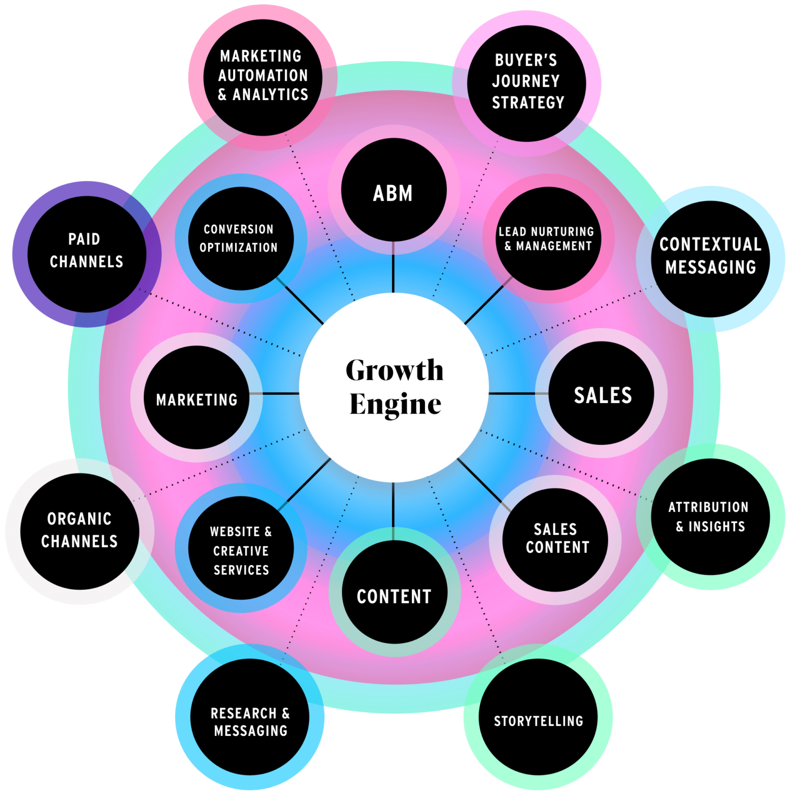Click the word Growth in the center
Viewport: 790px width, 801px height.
tap(394, 370)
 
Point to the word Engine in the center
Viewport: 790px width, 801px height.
tap(395, 404)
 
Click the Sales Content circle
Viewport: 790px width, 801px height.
tap(555, 540)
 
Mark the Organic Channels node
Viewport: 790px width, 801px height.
tap(80, 531)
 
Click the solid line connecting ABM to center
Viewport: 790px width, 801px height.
tap(393, 267)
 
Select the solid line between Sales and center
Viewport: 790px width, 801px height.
tap(512, 394)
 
